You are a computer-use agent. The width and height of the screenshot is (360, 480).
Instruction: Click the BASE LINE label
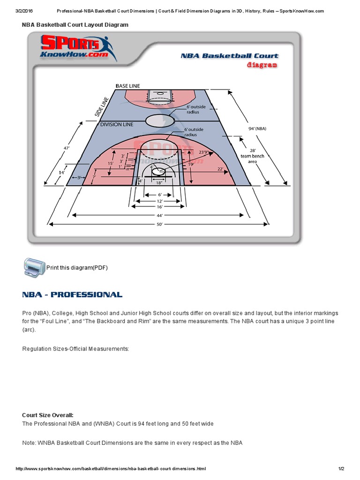click(128, 86)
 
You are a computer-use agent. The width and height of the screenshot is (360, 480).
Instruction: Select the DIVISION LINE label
click(117, 124)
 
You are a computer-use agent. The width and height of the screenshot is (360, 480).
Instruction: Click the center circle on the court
click(159, 120)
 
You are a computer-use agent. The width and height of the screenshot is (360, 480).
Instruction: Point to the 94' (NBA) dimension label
click(257, 128)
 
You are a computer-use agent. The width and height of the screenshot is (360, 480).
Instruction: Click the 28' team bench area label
click(252, 156)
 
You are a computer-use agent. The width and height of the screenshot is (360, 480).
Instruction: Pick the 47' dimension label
click(67, 148)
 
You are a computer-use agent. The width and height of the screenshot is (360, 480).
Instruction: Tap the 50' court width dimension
click(159, 225)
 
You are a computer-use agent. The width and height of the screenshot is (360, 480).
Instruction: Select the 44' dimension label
click(159, 215)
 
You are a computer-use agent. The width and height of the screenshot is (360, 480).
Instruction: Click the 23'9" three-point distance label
click(203, 152)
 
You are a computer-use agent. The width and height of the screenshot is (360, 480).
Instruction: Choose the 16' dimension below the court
click(159, 206)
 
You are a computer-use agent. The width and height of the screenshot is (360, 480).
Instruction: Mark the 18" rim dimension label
click(159, 183)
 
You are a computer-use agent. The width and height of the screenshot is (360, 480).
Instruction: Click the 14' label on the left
click(62, 172)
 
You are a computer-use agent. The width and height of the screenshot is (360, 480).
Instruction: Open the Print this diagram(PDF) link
click(77, 268)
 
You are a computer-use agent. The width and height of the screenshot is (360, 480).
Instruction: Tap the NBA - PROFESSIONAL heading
click(72, 295)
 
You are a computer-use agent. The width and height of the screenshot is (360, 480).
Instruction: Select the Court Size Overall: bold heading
click(48, 415)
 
